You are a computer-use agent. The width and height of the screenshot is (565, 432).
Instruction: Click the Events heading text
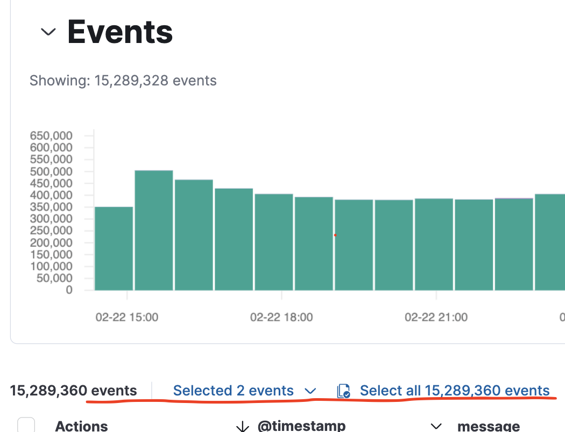120,32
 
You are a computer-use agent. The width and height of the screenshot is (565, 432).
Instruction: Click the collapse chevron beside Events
48,32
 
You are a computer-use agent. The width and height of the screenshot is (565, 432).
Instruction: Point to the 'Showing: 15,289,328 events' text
123,81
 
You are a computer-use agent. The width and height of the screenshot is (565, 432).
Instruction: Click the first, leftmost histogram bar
114,248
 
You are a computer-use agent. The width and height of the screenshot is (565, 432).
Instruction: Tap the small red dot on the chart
335,235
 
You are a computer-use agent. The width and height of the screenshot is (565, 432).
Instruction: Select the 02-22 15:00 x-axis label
127,317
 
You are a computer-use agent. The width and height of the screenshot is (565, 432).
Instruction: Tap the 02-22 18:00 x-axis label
281,317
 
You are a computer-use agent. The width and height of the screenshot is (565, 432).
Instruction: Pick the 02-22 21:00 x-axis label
436,317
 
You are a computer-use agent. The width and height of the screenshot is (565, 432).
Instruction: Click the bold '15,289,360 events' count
73,391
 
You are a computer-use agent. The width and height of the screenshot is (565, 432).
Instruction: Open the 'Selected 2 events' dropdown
234,391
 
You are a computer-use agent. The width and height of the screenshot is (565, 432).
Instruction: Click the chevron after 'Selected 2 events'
310,391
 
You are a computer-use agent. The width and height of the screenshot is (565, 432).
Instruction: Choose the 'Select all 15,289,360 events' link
454,391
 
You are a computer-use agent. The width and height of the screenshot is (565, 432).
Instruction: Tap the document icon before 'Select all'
343,391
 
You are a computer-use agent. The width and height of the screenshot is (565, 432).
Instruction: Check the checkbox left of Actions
26,425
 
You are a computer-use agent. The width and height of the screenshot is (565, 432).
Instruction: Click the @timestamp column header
301,426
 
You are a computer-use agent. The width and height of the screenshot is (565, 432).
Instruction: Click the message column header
489,426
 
